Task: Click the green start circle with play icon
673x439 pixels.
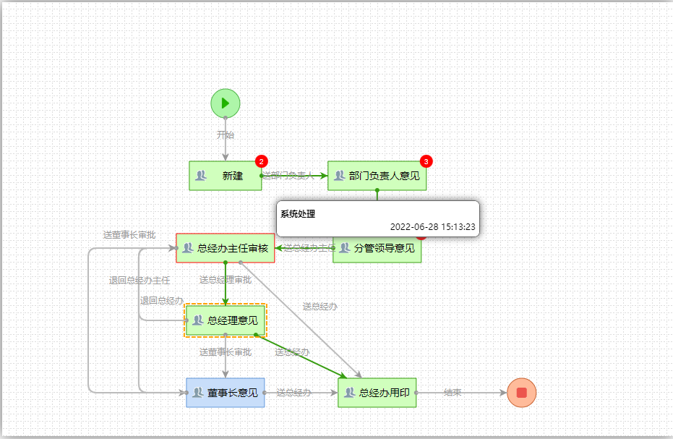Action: [225, 103]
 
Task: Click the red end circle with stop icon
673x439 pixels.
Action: [521, 393]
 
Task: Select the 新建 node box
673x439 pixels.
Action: [225, 176]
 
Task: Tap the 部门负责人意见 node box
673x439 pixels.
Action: [377, 176]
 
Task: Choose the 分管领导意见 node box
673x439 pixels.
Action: [377, 249]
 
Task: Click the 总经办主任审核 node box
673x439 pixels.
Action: [225, 248]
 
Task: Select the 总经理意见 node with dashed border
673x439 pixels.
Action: [226, 320]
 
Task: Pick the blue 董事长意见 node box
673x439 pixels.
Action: [225, 393]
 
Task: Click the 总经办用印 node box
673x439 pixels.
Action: [377, 393]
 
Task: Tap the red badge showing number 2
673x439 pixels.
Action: [262, 161]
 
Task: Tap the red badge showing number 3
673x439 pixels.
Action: [426, 161]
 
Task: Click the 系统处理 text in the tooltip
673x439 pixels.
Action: [298, 214]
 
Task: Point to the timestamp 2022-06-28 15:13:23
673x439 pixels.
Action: [432, 226]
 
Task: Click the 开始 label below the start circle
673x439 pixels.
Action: [226, 135]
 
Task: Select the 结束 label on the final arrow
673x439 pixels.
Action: [453, 393]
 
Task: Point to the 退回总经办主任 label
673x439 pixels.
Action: [140, 281]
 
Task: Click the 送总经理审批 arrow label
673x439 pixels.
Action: [226, 280]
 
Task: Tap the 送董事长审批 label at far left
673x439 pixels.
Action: [129, 235]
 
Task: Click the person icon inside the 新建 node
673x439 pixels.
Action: [202, 176]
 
